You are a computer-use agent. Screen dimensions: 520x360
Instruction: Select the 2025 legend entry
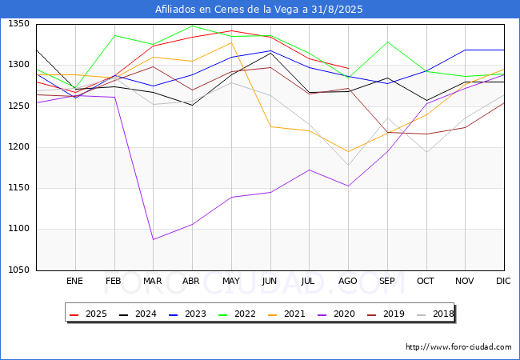tap(88, 314)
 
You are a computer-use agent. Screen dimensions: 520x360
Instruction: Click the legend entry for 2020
tap(336, 314)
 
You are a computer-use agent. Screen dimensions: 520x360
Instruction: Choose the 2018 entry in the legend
tap(434, 314)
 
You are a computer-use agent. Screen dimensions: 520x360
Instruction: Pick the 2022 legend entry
tap(237, 314)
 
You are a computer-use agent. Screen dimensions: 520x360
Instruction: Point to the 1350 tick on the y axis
tap(19, 24)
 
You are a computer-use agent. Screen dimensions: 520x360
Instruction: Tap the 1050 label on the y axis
tap(19, 270)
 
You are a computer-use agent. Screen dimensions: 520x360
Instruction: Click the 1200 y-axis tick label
tap(19, 147)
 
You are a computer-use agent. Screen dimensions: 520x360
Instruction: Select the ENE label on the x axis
tap(74, 281)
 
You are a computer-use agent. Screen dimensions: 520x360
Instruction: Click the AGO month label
tap(347, 281)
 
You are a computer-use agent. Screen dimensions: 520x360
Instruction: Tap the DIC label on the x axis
tap(503, 281)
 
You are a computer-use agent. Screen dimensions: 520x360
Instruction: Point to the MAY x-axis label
tap(231, 281)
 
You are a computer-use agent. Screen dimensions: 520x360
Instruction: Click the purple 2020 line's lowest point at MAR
tap(154, 239)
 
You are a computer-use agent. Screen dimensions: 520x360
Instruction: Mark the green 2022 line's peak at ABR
tap(192, 26)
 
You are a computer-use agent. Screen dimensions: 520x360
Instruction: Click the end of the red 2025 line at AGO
tap(349, 68)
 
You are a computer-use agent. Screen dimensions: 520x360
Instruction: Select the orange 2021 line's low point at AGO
tap(348, 151)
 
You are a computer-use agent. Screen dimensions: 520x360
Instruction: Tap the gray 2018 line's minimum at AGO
tap(348, 165)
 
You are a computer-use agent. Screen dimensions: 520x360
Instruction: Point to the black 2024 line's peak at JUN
tap(270, 53)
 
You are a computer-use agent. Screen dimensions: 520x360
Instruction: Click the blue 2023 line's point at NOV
tap(466, 50)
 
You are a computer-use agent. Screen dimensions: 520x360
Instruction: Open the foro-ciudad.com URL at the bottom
tap(458, 347)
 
